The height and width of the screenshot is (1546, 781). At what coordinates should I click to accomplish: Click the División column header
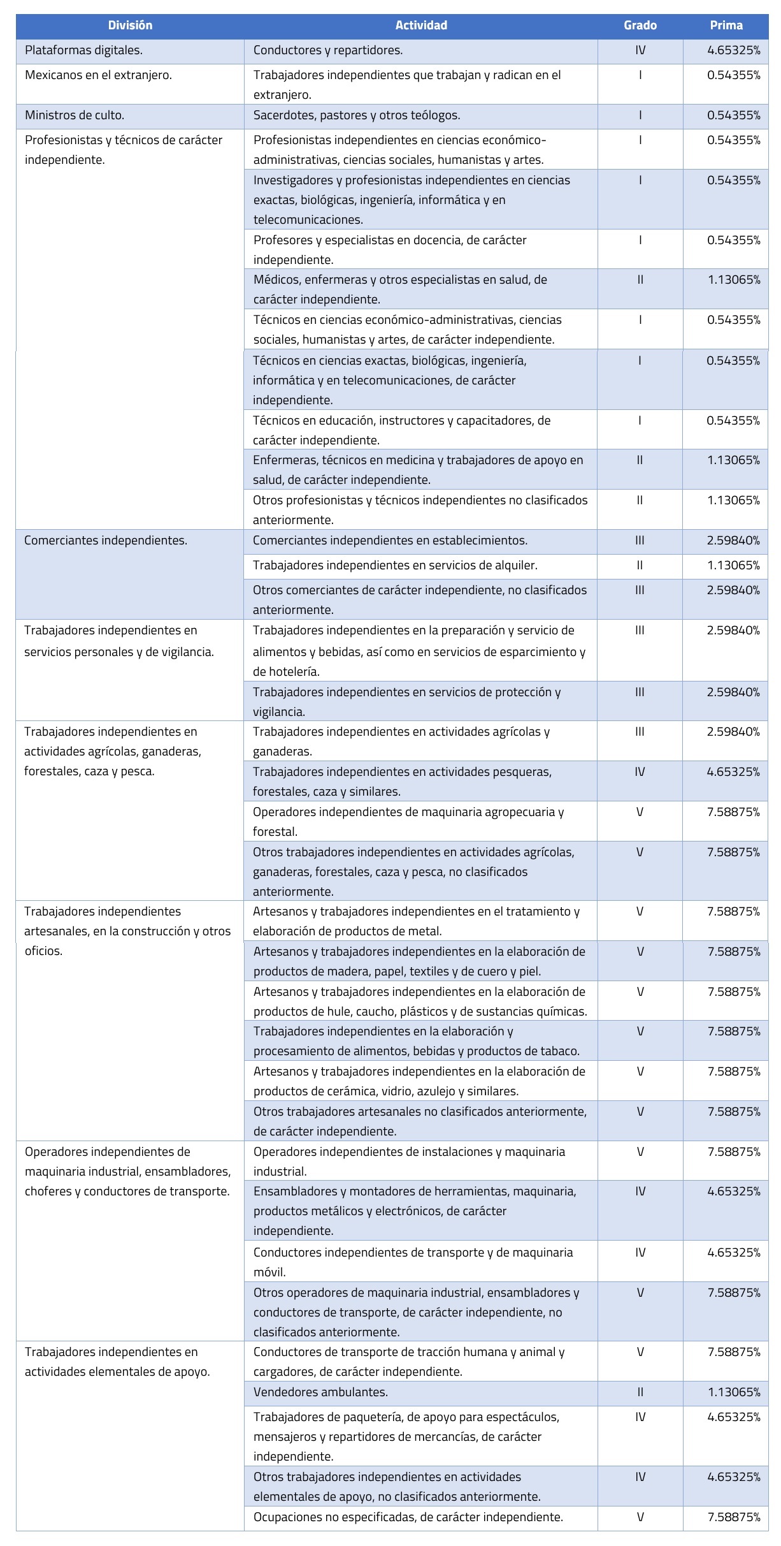point(130,26)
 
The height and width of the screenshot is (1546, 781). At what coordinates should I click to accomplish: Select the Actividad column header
point(421,26)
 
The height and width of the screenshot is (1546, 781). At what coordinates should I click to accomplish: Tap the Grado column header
point(640,26)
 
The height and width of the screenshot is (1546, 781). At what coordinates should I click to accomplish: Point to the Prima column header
point(726,26)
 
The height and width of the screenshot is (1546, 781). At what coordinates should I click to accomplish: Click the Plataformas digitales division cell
point(83,50)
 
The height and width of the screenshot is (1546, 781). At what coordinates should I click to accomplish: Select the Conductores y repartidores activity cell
point(328,50)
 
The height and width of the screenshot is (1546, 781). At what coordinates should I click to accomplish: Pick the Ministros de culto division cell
point(75,115)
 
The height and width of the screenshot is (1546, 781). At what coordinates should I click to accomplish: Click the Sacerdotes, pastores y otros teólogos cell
point(357,115)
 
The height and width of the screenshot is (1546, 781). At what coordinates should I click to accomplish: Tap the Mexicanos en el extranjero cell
point(98,75)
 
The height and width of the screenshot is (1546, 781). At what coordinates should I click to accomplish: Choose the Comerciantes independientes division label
point(106,541)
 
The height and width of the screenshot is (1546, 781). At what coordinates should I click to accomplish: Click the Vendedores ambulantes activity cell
point(320,1392)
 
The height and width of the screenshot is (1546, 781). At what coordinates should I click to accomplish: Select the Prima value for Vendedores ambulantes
point(734,1392)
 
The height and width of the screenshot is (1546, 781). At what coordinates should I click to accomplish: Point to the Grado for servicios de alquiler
point(640,565)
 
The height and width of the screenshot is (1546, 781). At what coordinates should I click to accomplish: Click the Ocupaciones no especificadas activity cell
point(408,1517)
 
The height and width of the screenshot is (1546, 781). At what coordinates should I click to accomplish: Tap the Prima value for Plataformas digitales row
point(734,50)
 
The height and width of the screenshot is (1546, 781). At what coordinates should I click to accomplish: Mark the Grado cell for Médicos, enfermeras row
point(640,280)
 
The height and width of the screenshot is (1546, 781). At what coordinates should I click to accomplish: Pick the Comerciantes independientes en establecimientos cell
point(390,541)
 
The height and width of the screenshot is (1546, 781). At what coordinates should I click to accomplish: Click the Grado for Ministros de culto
point(640,115)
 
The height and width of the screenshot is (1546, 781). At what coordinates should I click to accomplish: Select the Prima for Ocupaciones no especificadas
point(734,1517)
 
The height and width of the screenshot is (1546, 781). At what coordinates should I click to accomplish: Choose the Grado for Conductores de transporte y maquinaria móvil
point(640,1253)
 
